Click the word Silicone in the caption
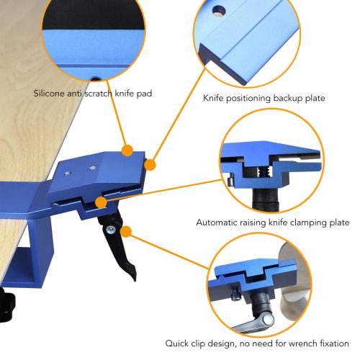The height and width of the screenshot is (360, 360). (x=51, y=94)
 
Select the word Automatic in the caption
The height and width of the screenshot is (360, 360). (x=220, y=222)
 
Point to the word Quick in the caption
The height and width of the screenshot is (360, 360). (x=178, y=343)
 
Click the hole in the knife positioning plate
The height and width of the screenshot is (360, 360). (x=216, y=11)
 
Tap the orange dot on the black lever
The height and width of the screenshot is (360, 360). (x=127, y=232)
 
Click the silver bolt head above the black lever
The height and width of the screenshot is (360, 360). (x=111, y=229)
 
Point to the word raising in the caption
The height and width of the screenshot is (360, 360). (x=258, y=222)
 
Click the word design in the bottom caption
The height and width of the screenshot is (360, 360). (x=223, y=343)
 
